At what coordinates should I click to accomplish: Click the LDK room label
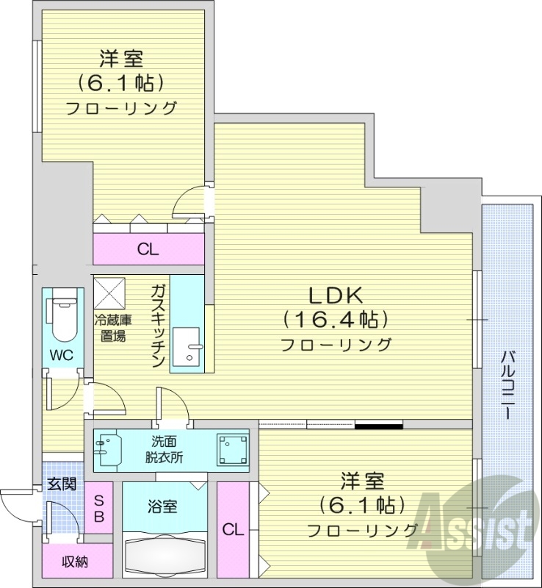click(x=334, y=295)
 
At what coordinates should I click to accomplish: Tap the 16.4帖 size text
click(x=334, y=319)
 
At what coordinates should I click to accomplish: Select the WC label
click(x=61, y=354)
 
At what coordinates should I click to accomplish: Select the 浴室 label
click(x=162, y=506)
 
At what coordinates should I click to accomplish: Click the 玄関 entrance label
click(x=61, y=484)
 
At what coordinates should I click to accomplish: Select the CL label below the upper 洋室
click(x=148, y=249)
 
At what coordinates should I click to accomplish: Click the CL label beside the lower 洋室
click(x=234, y=529)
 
